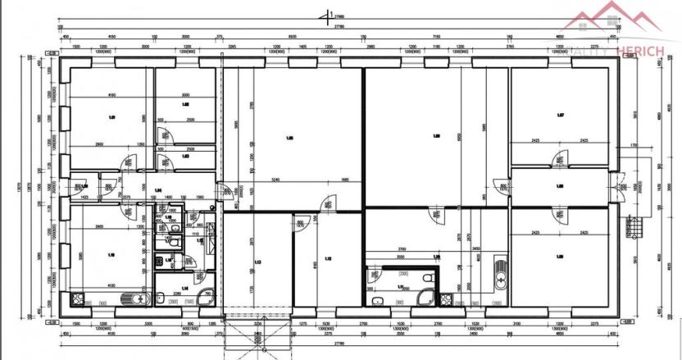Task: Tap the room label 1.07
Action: pyautogui.click(x=561, y=115)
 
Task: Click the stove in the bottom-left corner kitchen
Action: pyautogui.click(x=80, y=299)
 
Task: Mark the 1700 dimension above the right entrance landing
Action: pyautogui.click(x=633, y=146)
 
